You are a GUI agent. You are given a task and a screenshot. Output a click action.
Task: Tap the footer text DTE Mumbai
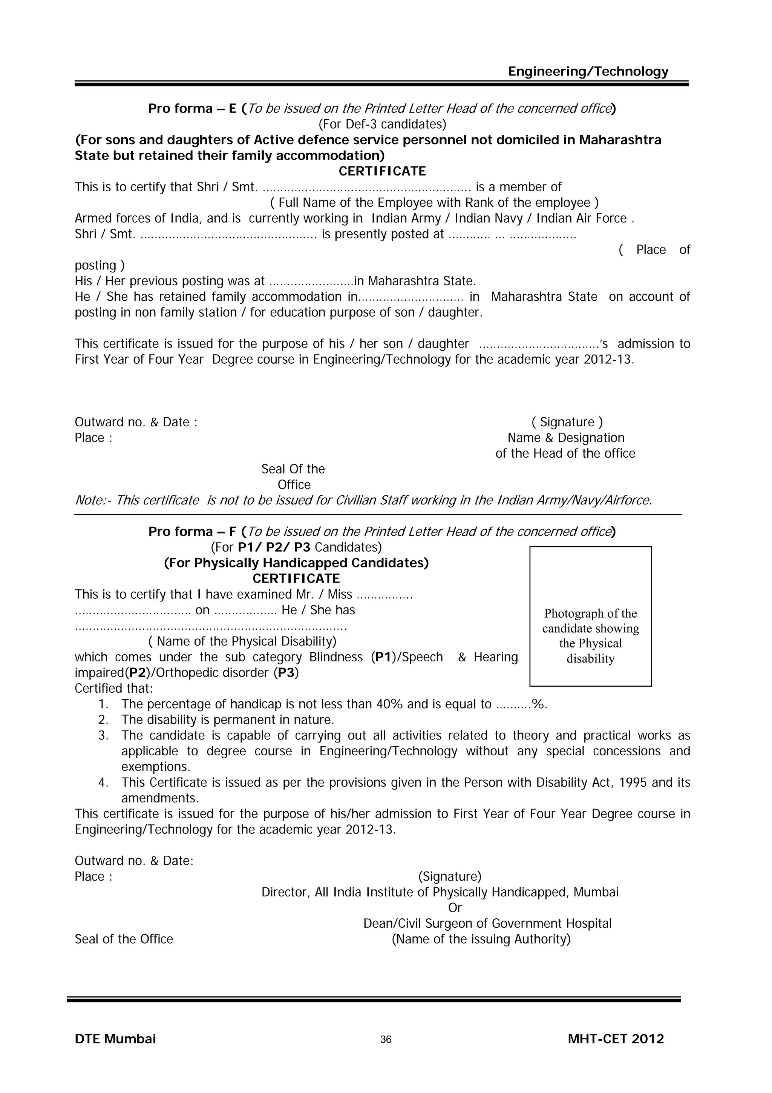pyautogui.click(x=115, y=1039)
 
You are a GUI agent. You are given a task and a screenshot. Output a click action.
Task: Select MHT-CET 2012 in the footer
pyautogui.click(x=616, y=1039)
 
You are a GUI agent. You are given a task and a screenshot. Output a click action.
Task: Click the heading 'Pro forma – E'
pyautogui.click(x=192, y=109)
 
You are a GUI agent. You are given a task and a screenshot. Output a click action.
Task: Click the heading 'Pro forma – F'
pyautogui.click(x=192, y=531)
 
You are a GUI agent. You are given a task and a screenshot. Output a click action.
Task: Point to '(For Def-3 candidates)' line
pyautogui.click(x=382, y=124)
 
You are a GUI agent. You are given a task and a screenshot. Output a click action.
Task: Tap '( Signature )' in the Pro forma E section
pyautogui.click(x=567, y=422)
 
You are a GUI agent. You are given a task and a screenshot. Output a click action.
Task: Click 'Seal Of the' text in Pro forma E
pyautogui.click(x=293, y=469)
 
